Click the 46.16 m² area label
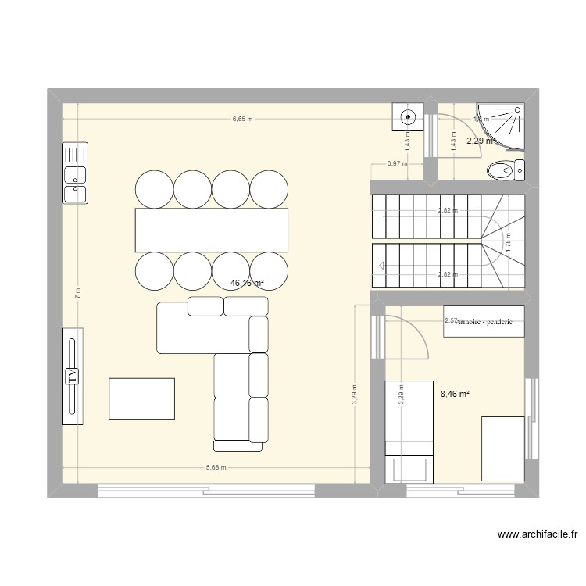(x=247, y=284)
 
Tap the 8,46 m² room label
(x=455, y=395)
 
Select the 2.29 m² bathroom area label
(x=481, y=141)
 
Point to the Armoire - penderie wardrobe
(x=483, y=321)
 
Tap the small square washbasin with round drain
(x=407, y=118)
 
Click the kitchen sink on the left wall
(x=75, y=173)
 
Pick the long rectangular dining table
(x=212, y=230)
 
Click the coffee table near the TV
(x=141, y=398)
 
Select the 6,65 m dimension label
(x=243, y=120)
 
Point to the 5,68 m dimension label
(x=216, y=468)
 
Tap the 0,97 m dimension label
(x=397, y=163)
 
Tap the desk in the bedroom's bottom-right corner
(x=502, y=448)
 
